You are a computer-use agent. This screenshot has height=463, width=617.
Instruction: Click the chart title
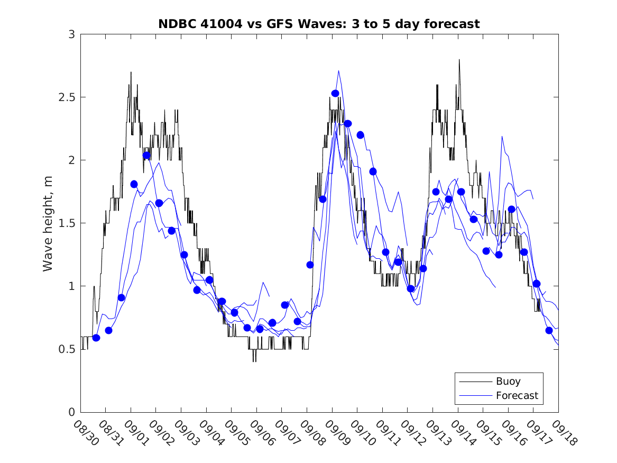point(319,24)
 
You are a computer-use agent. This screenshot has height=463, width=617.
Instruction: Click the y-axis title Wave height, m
point(48,223)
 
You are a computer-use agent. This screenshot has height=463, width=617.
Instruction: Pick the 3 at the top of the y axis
point(71,34)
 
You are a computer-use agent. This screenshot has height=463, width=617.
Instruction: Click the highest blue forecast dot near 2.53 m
point(335,94)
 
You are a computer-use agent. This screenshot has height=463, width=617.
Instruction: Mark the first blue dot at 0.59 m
point(96,338)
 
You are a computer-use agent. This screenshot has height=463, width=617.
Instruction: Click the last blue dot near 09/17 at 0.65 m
point(549,330)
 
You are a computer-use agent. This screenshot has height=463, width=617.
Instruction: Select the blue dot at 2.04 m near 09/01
point(146,155)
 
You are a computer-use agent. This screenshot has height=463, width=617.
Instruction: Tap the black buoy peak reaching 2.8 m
point(459,60)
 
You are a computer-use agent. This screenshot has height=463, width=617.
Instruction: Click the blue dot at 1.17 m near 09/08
point(310,265)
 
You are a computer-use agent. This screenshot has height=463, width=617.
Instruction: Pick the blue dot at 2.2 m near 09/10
point(360,135)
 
